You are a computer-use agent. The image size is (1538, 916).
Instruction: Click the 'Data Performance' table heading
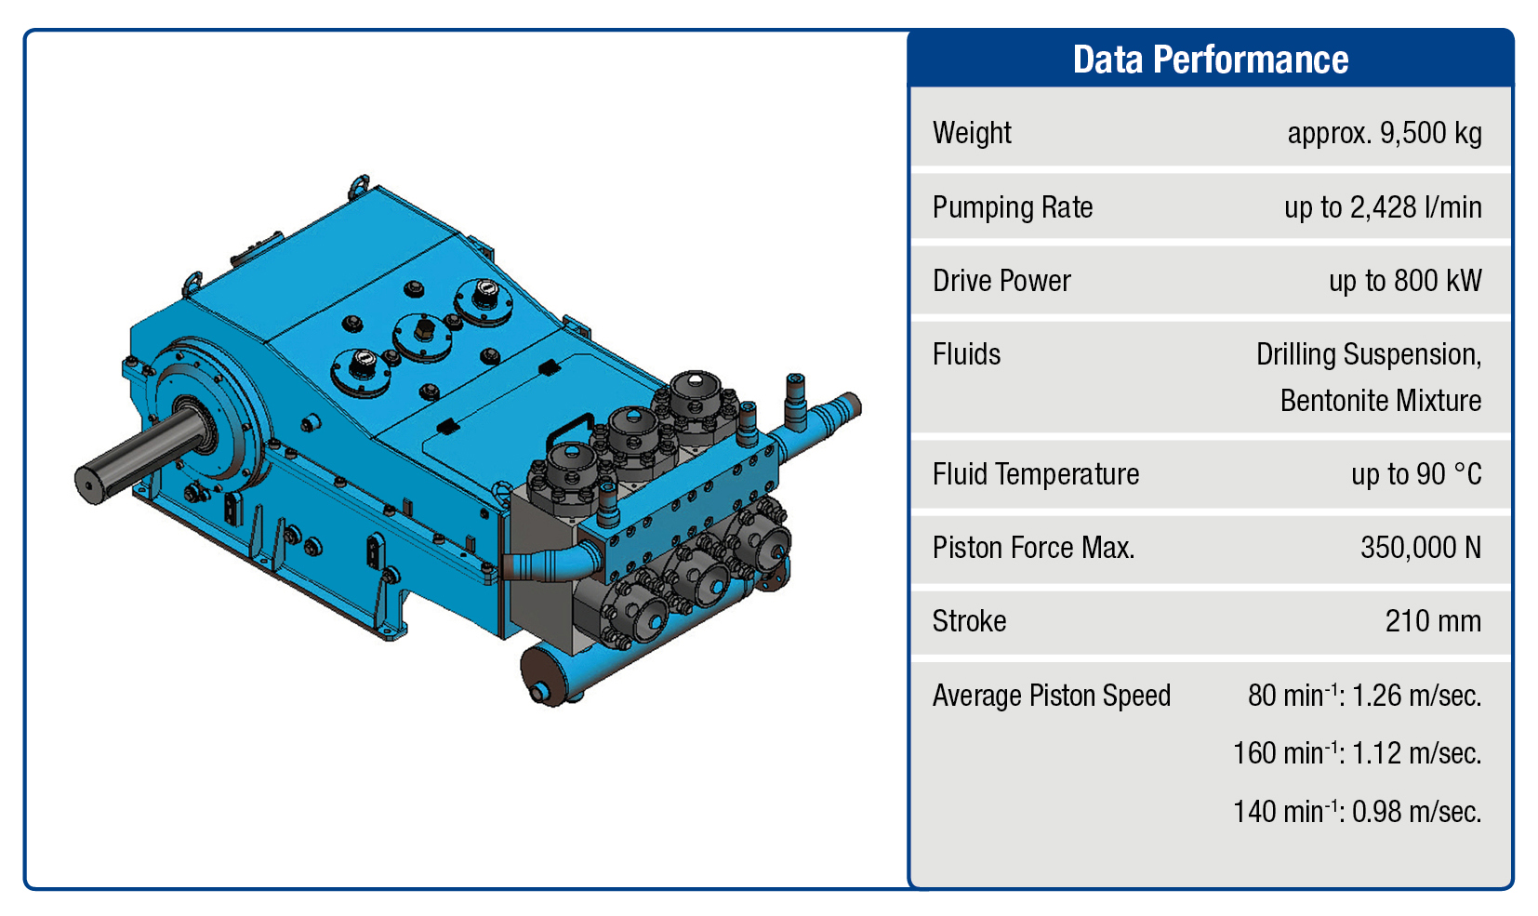click(1210, 60)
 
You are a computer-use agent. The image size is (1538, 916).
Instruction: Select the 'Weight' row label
click(972, 133)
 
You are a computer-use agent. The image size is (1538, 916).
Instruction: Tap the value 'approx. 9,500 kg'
click(1385, 133)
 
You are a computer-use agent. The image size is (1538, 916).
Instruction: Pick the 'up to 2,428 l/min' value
click(1383, 207)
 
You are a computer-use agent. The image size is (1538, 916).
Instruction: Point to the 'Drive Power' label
click(1001, 281)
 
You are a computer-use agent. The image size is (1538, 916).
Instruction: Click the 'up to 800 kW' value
click(1405, 281)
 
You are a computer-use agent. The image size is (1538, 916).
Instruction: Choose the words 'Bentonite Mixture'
click(1380, 400)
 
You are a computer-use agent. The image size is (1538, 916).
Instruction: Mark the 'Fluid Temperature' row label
click(1035, 474)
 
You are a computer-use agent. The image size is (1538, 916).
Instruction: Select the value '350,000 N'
click(1421, 548)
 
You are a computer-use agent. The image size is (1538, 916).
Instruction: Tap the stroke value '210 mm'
click(1433, 621)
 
